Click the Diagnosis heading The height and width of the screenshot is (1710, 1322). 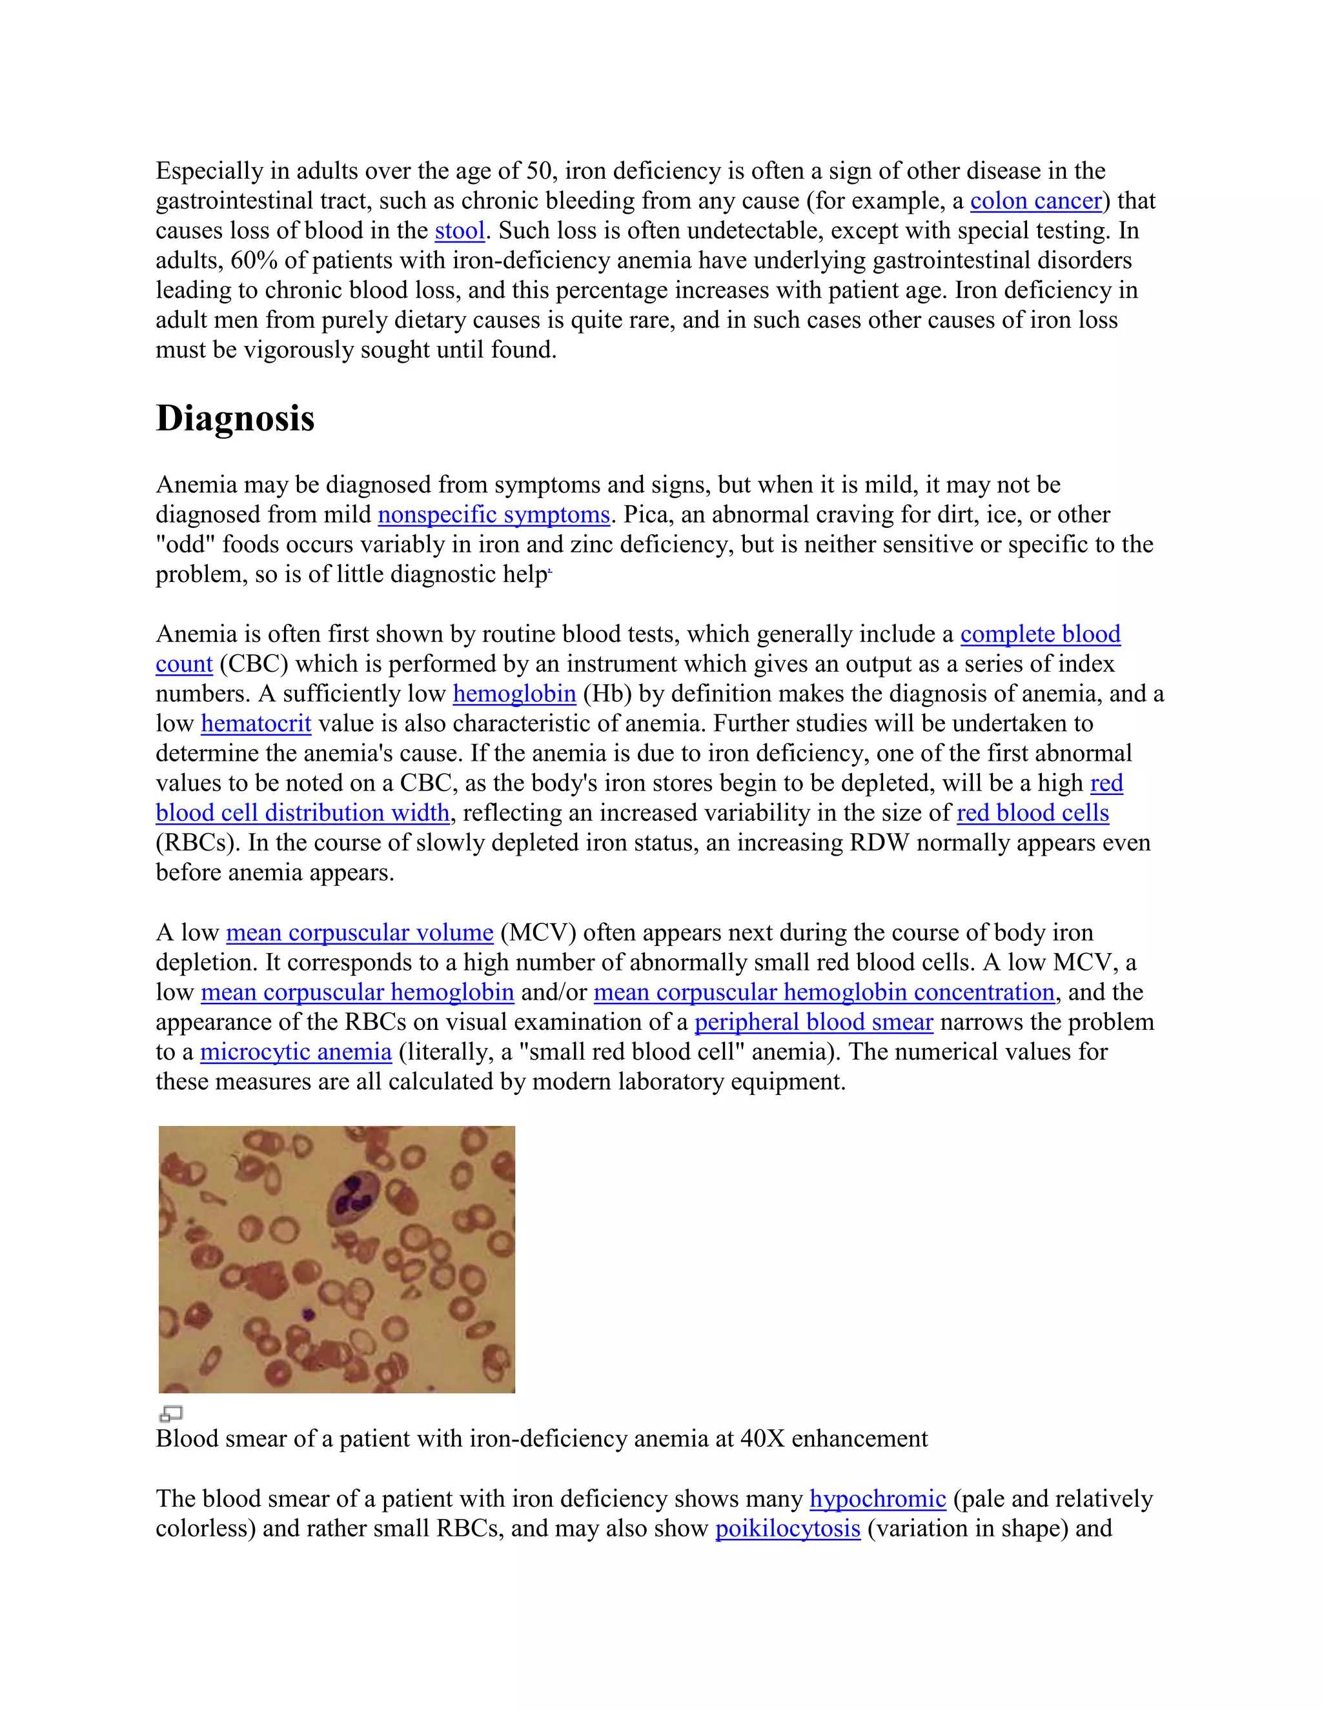(x=235, y=418)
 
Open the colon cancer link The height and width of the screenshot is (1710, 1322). (x=1035, y=201)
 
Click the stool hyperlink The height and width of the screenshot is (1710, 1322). (x=460, y=231)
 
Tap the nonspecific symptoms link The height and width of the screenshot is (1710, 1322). (x=493, y=514)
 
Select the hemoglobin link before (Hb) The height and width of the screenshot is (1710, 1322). (x=514, y=694)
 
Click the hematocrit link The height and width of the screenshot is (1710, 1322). (x=256, y=723)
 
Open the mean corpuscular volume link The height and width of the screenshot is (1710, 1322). (x=360, y=932)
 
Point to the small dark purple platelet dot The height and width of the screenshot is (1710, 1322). (x=309, y=1314)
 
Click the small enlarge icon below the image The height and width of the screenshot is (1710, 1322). (x=170, y=1413)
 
